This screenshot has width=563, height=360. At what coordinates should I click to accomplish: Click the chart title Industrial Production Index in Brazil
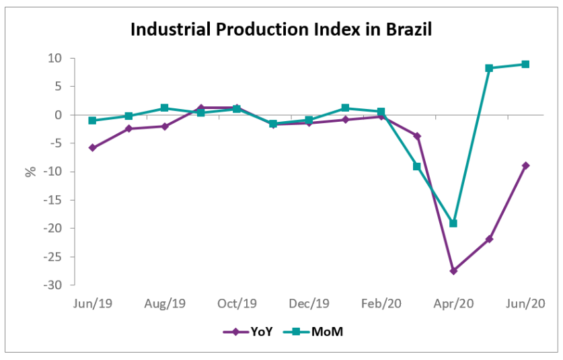(x=280, y=30)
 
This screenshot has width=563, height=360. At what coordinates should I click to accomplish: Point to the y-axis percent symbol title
(x=30, y=172)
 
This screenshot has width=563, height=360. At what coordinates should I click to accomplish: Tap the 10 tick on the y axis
(x=55, y=59)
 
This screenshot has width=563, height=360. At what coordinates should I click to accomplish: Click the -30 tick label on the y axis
(x=53, y=285)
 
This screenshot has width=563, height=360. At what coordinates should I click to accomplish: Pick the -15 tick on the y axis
(x=53, y=200)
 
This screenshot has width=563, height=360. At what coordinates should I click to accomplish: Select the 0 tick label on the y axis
(x=59, y=115)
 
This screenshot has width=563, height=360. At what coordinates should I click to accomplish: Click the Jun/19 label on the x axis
(x=92, y=303)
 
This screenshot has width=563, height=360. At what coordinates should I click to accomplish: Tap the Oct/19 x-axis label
(x=237, y=303)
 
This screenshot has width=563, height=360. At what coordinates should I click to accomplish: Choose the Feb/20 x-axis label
(x=381, y=303)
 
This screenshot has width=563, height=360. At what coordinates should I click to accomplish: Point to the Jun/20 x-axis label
(x=525, y=303)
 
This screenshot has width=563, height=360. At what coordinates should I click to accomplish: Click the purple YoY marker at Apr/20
(x=453, y=271)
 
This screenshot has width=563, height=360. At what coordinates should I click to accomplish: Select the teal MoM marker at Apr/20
(x=453, y=223)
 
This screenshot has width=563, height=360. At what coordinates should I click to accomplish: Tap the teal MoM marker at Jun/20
(x=525, y=65)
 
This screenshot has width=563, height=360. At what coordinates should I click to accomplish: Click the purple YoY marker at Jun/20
(x=525, y=166)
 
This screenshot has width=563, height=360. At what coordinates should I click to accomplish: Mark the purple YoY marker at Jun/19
(x=92, y=147)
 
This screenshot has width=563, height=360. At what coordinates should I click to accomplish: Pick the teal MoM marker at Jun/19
(x=92, y=120)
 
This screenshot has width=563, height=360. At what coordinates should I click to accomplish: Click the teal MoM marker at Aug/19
(x=165, y=108)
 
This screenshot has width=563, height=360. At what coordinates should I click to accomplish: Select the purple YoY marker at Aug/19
(x=165, y=126)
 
